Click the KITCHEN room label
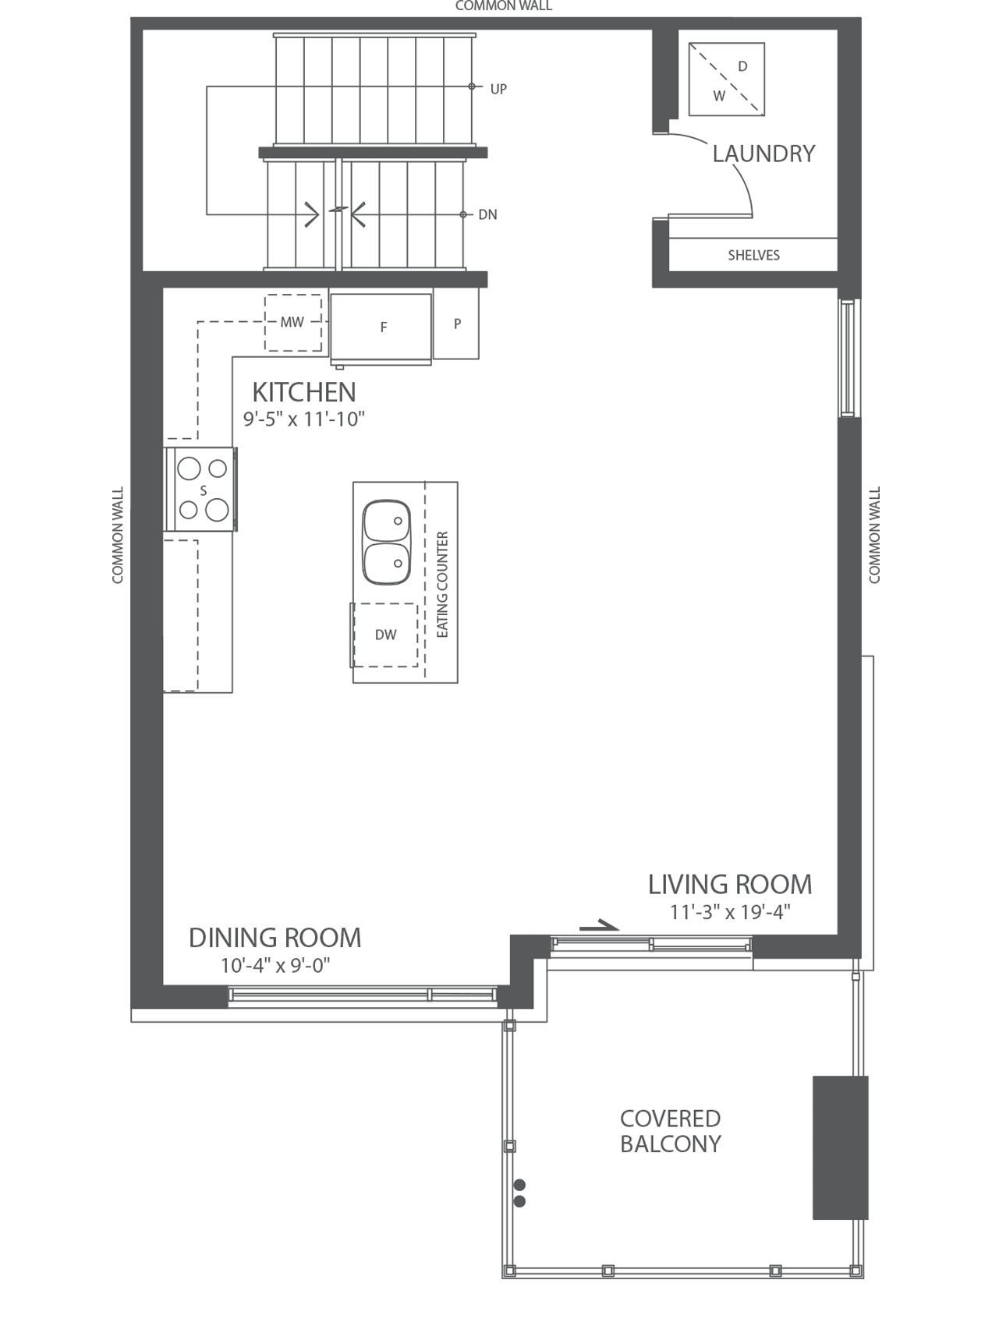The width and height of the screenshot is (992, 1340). coord(304,392)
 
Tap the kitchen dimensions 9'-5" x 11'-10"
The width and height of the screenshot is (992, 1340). coord(304,419)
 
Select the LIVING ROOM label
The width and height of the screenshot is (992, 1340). coord(730,885)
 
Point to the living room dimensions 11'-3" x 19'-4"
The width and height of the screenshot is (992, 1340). coord(730,912)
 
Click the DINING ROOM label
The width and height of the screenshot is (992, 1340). coord(275,938)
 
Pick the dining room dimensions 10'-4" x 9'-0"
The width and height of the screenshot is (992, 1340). coord(275,965)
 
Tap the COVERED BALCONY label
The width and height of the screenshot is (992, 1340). coord(670,1131)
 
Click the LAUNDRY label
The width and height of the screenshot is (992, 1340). coord(763,154)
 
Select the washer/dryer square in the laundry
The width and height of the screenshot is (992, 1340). coord(727,80)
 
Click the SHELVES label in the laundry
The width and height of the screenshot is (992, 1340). coord(753,255)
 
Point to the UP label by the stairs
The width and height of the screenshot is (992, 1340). coord(498,89)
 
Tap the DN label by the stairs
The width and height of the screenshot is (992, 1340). coord(487,214)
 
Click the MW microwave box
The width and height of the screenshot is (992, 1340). coord(292,322)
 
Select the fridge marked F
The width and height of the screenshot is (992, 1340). coord(381,327)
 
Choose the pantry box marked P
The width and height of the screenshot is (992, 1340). coord(457,324)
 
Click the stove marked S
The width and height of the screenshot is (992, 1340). coord(203,490)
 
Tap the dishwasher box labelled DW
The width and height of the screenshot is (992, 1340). coord(385,635)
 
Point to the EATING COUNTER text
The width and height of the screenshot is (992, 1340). coord(442,584)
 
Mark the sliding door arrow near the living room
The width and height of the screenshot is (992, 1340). coord(598,926)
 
